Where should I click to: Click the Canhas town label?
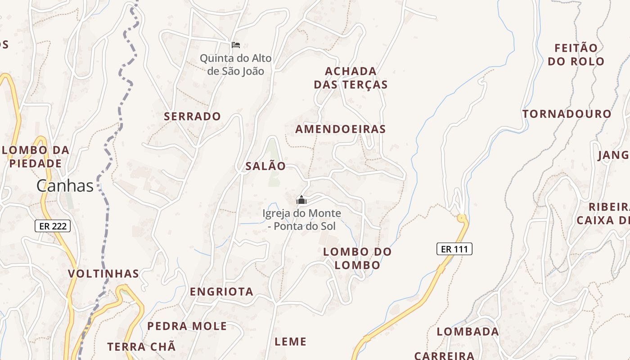(x=65, y=186)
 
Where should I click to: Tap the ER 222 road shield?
(x=53, y=226)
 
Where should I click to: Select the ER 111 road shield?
(x=454, y=249)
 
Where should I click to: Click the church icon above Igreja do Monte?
(x=301, y=200)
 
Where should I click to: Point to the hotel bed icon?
(x=236, y=45)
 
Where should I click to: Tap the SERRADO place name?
(x=192, y=117)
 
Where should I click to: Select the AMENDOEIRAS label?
(x=340, y=130)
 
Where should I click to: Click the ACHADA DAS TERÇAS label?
(x=351, y=78)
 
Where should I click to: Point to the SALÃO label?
(x=265, y=166)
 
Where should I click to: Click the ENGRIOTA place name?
(x=221, y=292)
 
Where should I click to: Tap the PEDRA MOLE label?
(x=187, y=326)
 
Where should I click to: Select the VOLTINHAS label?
(x=103, y=274)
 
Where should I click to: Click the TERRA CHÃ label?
(x=141, y=347)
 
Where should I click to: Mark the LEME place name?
(x=290, y=342)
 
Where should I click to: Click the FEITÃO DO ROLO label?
(x=576, y=55)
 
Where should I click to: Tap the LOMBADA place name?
(x=468, y=332)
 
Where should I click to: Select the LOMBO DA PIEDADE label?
(x=36, y=157)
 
